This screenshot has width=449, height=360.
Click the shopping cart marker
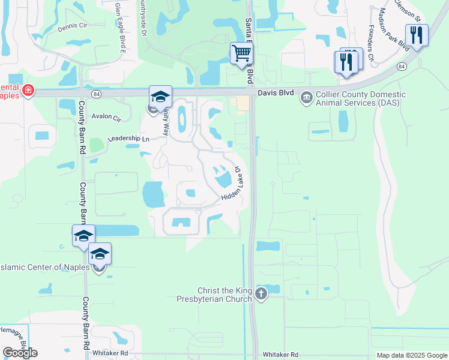pos(241,53)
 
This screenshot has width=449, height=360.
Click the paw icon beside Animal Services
pos(306,96)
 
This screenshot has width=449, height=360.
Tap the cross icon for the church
pos(261,293)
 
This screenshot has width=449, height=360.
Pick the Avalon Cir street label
pos(106,118)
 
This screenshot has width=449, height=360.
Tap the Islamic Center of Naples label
pos(45,267)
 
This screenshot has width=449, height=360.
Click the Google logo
pos(20,353)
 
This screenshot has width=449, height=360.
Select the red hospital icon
pos(27,91)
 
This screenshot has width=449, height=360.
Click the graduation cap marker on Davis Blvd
pos(160,97)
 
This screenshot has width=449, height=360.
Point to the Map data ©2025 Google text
pos(411,355)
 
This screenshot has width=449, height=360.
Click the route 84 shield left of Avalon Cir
pos(95,94)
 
